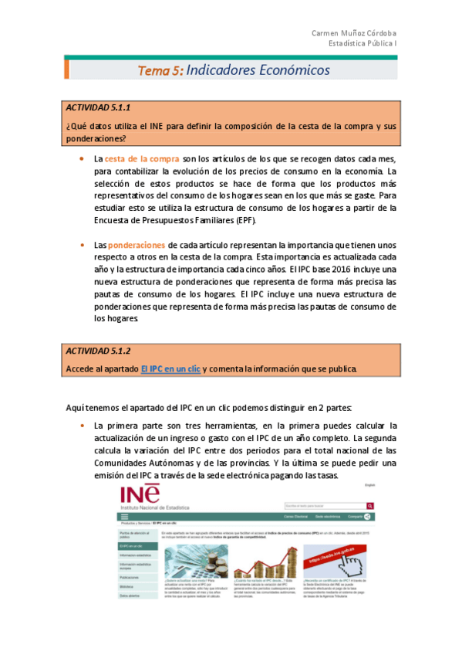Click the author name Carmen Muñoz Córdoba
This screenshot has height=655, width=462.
tap(354, 33)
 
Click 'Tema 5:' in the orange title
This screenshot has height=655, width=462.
tap(160, 70)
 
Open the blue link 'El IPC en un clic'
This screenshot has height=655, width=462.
tap(170, 369)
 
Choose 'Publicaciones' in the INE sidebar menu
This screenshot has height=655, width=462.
tap(130, 577)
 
